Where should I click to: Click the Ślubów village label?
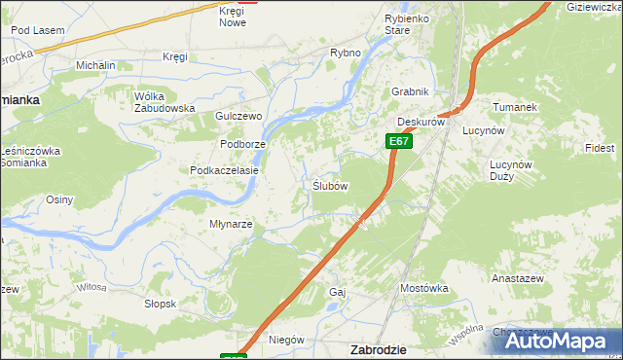click(330, 185)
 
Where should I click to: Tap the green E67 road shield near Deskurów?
click(398, 141)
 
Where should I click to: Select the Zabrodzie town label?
click(378, 348)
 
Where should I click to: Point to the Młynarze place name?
click(231, 224)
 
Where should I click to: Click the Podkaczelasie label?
click(224, 169)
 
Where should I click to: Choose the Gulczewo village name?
click(239, 116)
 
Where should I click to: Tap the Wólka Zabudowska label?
click(165, 101)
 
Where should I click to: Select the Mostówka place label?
click(423, 288)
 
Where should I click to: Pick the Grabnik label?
click(410, 91)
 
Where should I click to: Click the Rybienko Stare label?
click(410, 24)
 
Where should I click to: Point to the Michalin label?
click(96, 64)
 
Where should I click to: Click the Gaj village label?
click(338, 292)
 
